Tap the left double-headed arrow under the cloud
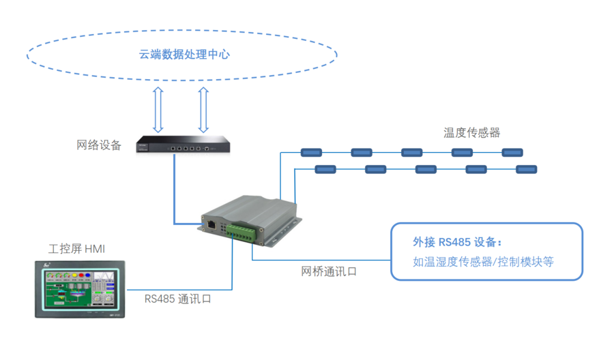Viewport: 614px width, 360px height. (x=158, y=108)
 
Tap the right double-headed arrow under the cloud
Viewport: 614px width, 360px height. (x=203, y=108)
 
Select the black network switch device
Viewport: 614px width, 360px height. (x=180, y=145)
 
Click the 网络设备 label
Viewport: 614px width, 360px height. (x=99, y=145)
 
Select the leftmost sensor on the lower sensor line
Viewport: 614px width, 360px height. (x=325, y=168)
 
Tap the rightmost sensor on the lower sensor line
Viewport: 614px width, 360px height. (x=526, y=168)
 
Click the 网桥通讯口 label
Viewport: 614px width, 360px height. (x=329, y=271)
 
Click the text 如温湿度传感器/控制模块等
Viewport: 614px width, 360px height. (x=483, y=260)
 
